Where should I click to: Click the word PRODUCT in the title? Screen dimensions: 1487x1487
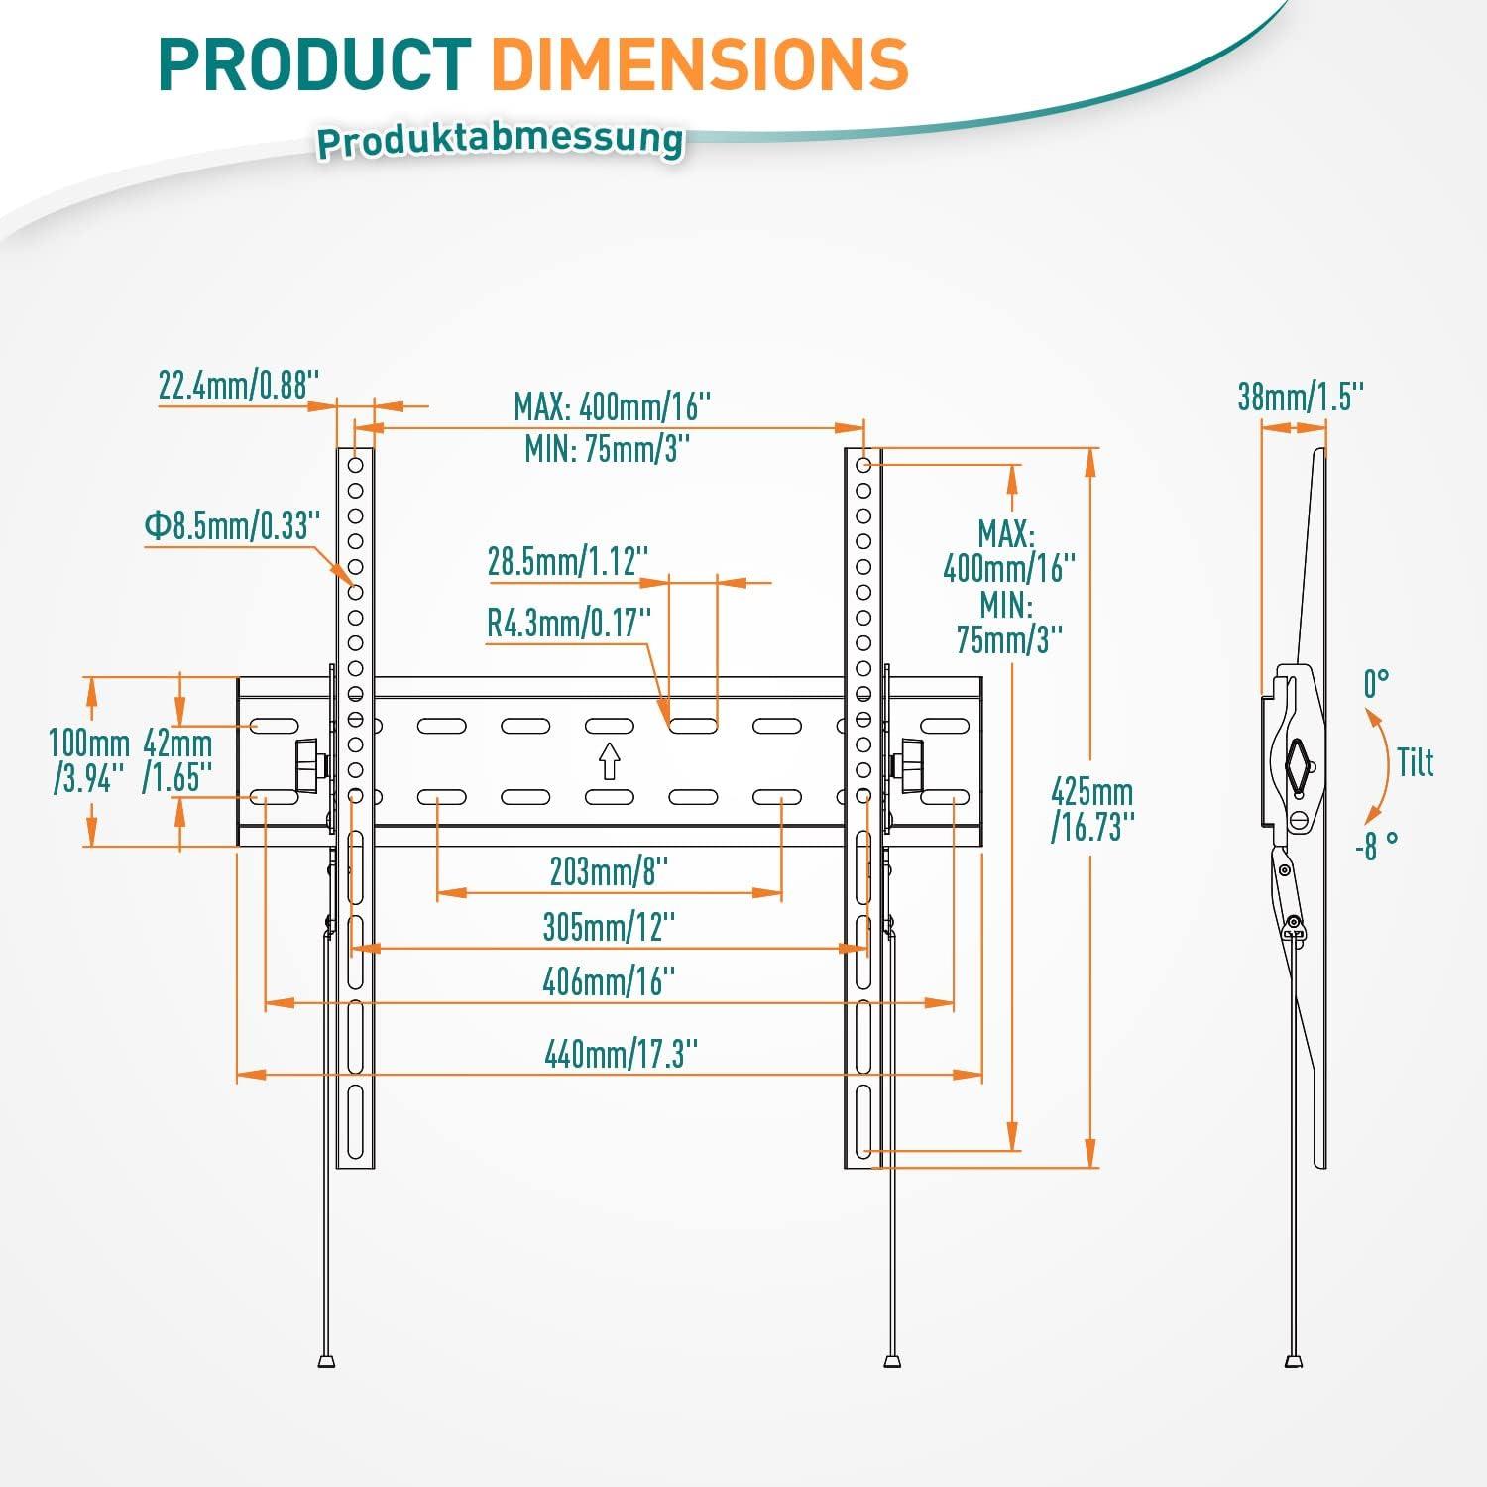click(x=314, y=64)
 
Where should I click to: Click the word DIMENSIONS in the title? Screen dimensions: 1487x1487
click(x=699, y=64)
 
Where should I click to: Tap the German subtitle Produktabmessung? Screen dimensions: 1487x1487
click(x=500, y=139)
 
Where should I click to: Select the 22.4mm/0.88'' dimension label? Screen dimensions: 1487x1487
click(x=239, y=385)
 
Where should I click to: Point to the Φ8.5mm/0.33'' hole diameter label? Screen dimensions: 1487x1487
click(x=233, y=525)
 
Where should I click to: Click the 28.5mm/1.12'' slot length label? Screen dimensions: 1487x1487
click(x=568, y=561)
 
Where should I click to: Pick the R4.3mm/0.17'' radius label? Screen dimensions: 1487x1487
click(x=569, y=623)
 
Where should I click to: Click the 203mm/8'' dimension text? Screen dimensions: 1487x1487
click(x=609, y=872)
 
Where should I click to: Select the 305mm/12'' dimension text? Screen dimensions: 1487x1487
click(x=609, y=927)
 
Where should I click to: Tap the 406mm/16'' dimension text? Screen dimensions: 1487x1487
click(x=609, y=981)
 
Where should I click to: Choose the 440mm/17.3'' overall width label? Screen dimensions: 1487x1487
click(x=615, y=1053)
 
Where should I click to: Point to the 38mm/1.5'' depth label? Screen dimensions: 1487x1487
click(x=1301, y=397)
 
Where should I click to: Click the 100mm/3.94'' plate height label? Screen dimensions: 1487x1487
click(x=89, y=760)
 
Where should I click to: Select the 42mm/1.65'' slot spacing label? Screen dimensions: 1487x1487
click(x=177, y=760)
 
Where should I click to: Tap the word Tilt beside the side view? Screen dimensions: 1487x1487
click(x=1416, y=762)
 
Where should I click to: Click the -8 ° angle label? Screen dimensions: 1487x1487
click(x=1376, y=847)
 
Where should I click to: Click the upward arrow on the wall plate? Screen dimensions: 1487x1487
click(x=609, y=761)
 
